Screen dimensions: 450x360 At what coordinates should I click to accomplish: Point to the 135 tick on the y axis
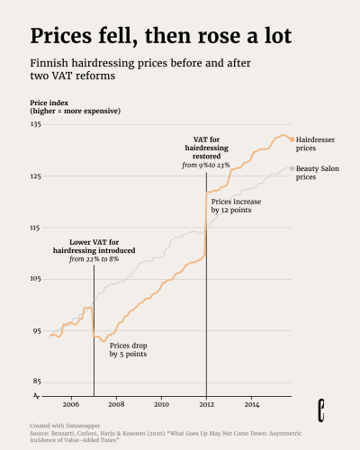tap(35, 124)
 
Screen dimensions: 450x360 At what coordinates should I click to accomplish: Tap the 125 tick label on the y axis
tap(35, 176)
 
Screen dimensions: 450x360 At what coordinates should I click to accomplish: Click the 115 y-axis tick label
tap(35, 228)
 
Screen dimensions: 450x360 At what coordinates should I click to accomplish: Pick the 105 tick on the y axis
tap(35, 279)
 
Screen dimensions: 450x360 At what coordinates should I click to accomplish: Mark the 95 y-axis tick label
tap(36, 331)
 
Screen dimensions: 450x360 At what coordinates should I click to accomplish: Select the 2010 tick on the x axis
tap(161, 404)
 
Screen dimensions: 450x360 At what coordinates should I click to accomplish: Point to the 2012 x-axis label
tap(206, 404)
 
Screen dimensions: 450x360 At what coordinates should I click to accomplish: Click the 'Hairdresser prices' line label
tap(318, 143)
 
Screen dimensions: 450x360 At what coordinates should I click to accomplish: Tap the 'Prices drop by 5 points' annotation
tap(128, 349)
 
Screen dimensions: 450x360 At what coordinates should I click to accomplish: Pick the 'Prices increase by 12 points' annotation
tap(237, 205)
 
